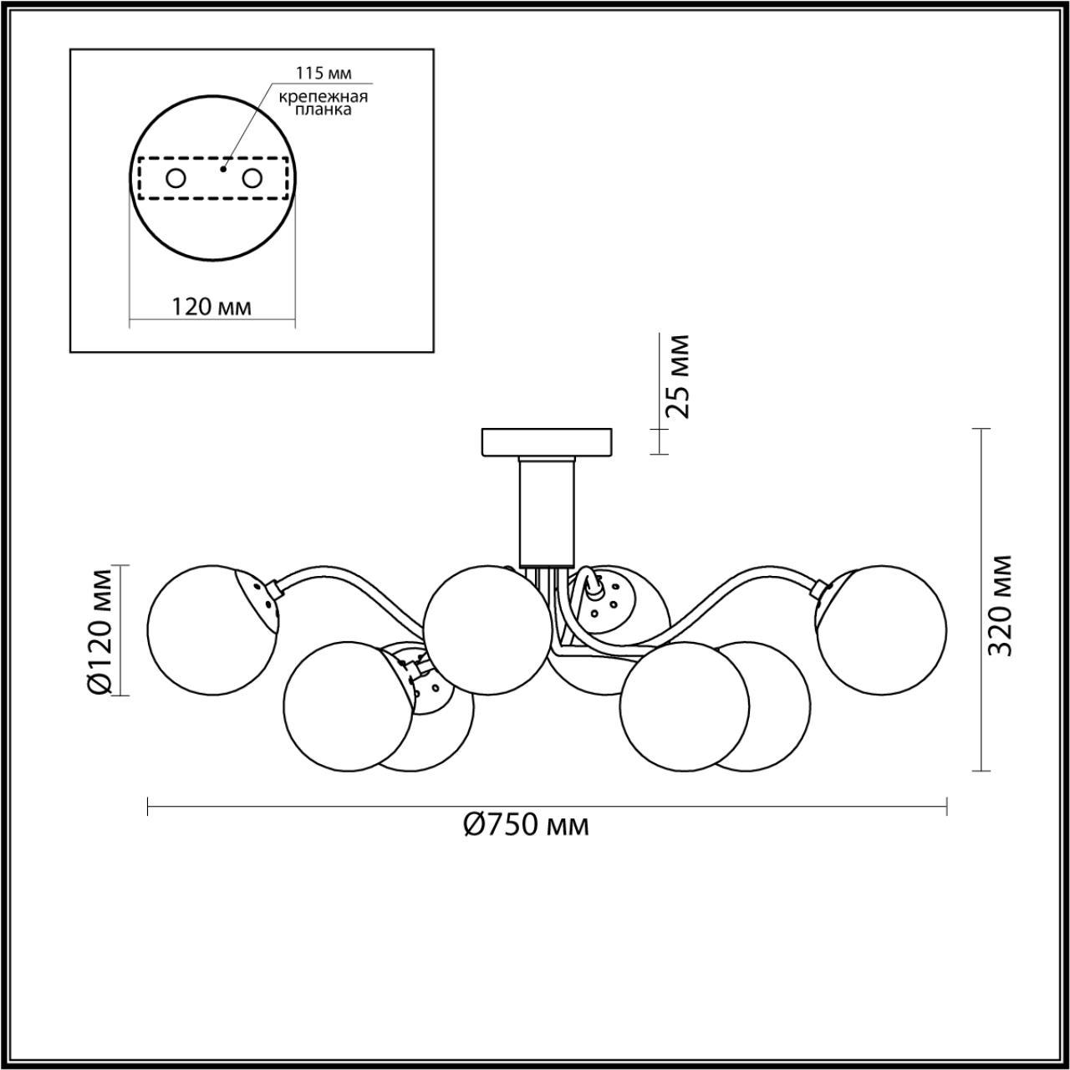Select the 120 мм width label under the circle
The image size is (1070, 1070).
coord(211,306)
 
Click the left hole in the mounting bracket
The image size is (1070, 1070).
coord(176,178)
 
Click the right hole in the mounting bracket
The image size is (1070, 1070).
coord(252,178)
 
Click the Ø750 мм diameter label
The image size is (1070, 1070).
coord(527,825)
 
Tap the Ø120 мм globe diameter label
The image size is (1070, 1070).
coord(99,631)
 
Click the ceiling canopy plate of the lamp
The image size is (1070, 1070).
coord(547,442)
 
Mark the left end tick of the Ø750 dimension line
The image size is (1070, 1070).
coord(148,807)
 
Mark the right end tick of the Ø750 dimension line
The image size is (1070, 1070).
coord(946,807)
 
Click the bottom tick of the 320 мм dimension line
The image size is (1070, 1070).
coord(981,770)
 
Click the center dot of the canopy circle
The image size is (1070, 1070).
coord(222,169)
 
